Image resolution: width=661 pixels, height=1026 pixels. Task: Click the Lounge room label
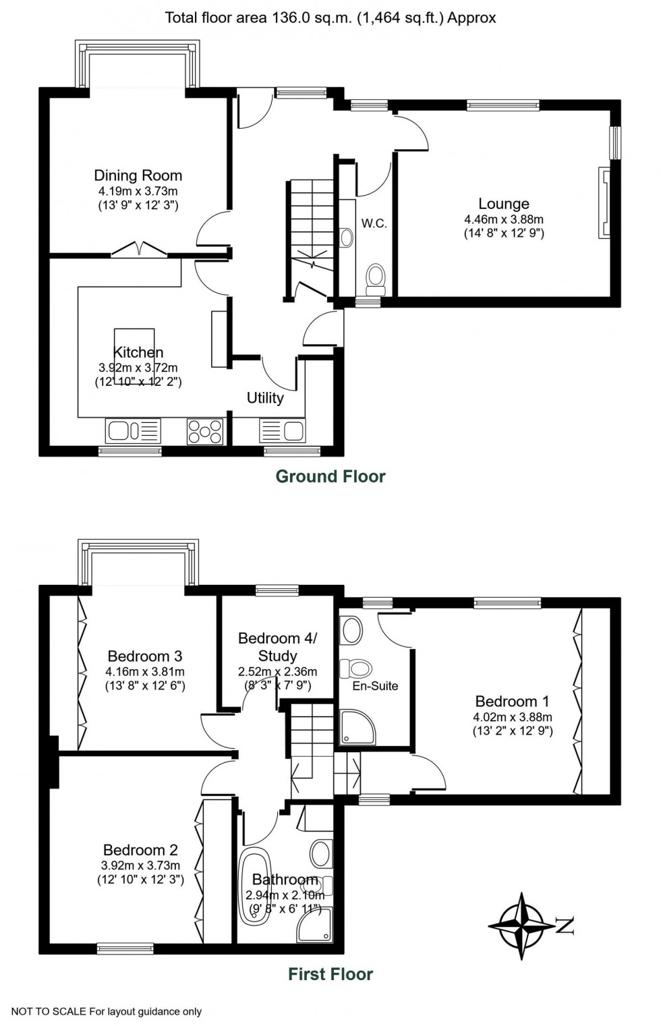pos(503,204)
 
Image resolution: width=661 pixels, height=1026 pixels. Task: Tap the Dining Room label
pos(138,175)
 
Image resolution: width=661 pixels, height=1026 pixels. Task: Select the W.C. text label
pos(374,223)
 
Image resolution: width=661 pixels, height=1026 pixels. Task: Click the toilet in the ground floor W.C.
pos(374,276)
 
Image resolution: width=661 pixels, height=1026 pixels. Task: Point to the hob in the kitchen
pos(205,431)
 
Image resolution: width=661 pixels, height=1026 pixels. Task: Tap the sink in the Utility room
pos(283,430)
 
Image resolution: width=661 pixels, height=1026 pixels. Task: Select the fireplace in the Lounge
pos(603,202)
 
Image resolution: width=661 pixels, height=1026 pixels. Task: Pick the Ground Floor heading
pos(330,476)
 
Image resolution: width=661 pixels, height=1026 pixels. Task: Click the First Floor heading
pos(330,974)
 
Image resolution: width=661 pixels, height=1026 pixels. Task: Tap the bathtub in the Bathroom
pos(255,884)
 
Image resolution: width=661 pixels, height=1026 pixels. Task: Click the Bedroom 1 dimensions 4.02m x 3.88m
pos(513,717)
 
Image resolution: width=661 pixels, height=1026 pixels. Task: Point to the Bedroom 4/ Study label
pos(277,646)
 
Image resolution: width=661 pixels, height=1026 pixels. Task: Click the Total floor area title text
pos(330,18)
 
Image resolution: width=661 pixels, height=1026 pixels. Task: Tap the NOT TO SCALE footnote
pos(107,1011)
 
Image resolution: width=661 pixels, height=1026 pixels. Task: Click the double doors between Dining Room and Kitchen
pos(139,250)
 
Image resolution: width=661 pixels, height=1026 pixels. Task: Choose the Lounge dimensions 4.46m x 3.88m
pos(503,219)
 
